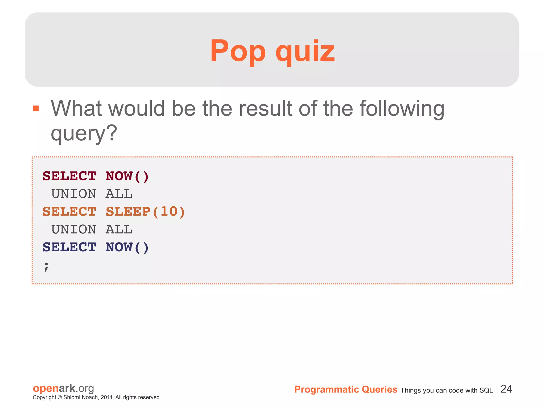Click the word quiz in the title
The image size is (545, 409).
tap(305, 51)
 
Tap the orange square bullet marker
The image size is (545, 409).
tap(36, 108)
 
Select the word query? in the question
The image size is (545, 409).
tap(84, 133)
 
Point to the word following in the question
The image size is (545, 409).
tap(402, 109)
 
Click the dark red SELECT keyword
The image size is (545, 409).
tap(69, 176)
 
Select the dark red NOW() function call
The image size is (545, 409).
tap(127, 176)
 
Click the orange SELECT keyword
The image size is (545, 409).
tap(69, 212)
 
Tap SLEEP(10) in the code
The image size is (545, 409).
tap(145, 212)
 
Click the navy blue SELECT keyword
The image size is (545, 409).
tap(69, 247)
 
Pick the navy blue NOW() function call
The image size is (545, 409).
tap(127, 247)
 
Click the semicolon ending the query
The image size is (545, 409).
tap(47, 266)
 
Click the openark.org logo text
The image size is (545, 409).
tap(63, 388)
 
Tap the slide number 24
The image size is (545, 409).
tap(506, 389)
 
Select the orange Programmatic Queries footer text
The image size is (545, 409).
tap(346, 390)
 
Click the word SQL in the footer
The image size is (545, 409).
tap(486, 390)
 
